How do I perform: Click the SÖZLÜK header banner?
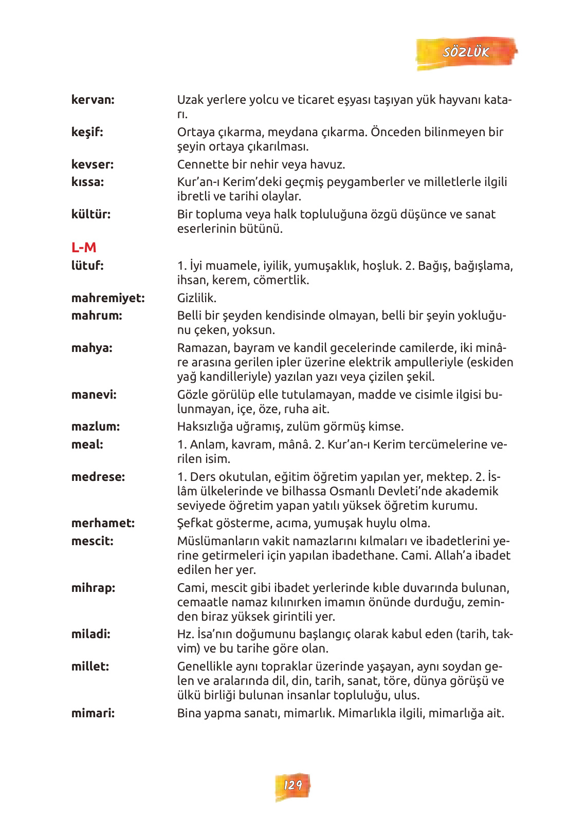click(466, 52)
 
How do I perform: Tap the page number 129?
click(292, 785)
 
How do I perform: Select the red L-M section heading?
click(84, 248)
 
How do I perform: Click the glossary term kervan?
click(93, 100)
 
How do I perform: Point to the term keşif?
click(87, 132)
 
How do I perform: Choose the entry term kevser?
click(93, 164)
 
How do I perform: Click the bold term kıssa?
click(87, 182)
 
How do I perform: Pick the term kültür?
click(91, 214)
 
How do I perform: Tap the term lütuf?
click(87, 266)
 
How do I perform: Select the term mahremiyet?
click(108, 298)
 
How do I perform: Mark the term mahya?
click(92, 348)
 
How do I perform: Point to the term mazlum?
click(96, 426)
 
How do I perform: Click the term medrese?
click(98, 477)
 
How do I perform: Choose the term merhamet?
click(103, 523)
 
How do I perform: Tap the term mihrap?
click(93, 588)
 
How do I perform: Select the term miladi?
click(91, 634)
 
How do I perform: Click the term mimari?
click(93, 713)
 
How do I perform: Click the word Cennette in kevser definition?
click(202, 164)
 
